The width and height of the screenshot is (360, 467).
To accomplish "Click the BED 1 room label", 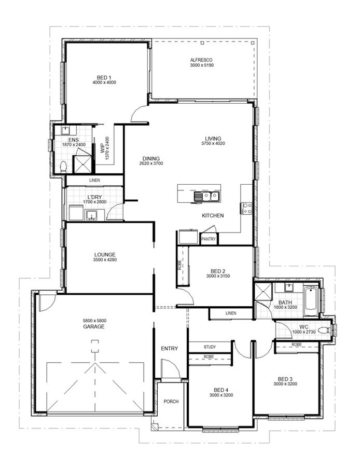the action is (x=104, y=78).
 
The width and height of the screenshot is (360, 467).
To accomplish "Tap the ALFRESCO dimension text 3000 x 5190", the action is (x=202, y=65).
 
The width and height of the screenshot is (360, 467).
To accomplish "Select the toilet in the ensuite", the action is (x=63, y=167).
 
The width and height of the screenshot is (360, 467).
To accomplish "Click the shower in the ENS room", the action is (x=82, y=164).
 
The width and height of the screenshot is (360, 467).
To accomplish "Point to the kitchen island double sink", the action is (x=206, y=196).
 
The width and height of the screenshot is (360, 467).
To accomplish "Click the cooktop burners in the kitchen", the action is (x=247, y=208).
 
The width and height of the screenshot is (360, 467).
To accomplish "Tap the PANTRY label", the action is (x=209, y=239).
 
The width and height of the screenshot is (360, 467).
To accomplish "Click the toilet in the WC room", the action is (x=324, y=330).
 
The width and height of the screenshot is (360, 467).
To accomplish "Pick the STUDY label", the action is (x=210, y=347).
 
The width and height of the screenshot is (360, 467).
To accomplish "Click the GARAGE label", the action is (x=94, y=326).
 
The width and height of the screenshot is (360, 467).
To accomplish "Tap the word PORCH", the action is (x=171, y=402).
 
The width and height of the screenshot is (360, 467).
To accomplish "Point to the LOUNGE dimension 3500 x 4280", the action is (x=105, y=260).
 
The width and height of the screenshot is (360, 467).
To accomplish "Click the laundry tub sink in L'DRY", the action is (x=92, y=215).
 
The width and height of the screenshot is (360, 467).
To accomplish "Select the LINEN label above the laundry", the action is (x=95, y=180).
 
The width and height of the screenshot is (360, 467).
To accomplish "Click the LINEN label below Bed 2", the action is (x=231, y=313).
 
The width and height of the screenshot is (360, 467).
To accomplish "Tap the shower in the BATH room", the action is (x=263, y=292).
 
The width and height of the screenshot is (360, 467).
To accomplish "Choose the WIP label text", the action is (x=102, y=149).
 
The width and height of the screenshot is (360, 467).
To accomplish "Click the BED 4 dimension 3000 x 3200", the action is (x=221, y=395).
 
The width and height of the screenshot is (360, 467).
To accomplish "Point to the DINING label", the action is (x=151, y=158).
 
